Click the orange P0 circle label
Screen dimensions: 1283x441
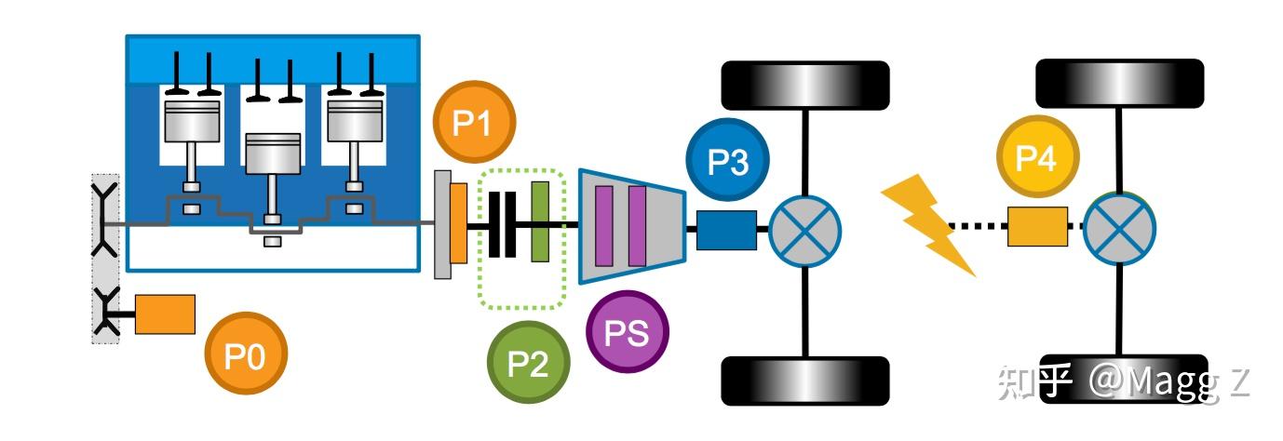click(x=246, y=353)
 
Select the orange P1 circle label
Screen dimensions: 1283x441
click(x=474, y=121)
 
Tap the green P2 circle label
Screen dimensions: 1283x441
click(x=529, y=362)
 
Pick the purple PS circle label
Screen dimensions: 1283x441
click(x=628, y=332)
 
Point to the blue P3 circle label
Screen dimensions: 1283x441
click(x=727, y=160)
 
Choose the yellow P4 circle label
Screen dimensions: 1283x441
click(x=1038, y=156)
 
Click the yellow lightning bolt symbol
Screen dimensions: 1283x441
click(x=928, y=224)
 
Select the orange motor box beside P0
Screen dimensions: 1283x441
click(x=165, y=314)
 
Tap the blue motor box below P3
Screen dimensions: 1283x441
click(x=726, y=230)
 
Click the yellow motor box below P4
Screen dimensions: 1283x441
click(x=1037, y=226)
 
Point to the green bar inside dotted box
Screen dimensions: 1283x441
click(x=540, y=222)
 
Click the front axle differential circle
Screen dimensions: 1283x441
click(x=804, y=231)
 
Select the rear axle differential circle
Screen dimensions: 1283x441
click(x=1119, y=228)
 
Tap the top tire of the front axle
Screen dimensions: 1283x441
click(x=804, y=86)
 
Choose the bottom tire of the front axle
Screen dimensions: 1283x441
click(x=804, y=381)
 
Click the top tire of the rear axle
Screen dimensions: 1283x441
click(x=1120, y=83)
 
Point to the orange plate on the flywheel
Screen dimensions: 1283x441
click(x=459, y=222)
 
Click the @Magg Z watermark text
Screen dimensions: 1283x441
click(x=1168, y=382)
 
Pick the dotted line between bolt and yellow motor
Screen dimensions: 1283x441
click(x=979, y=226)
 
